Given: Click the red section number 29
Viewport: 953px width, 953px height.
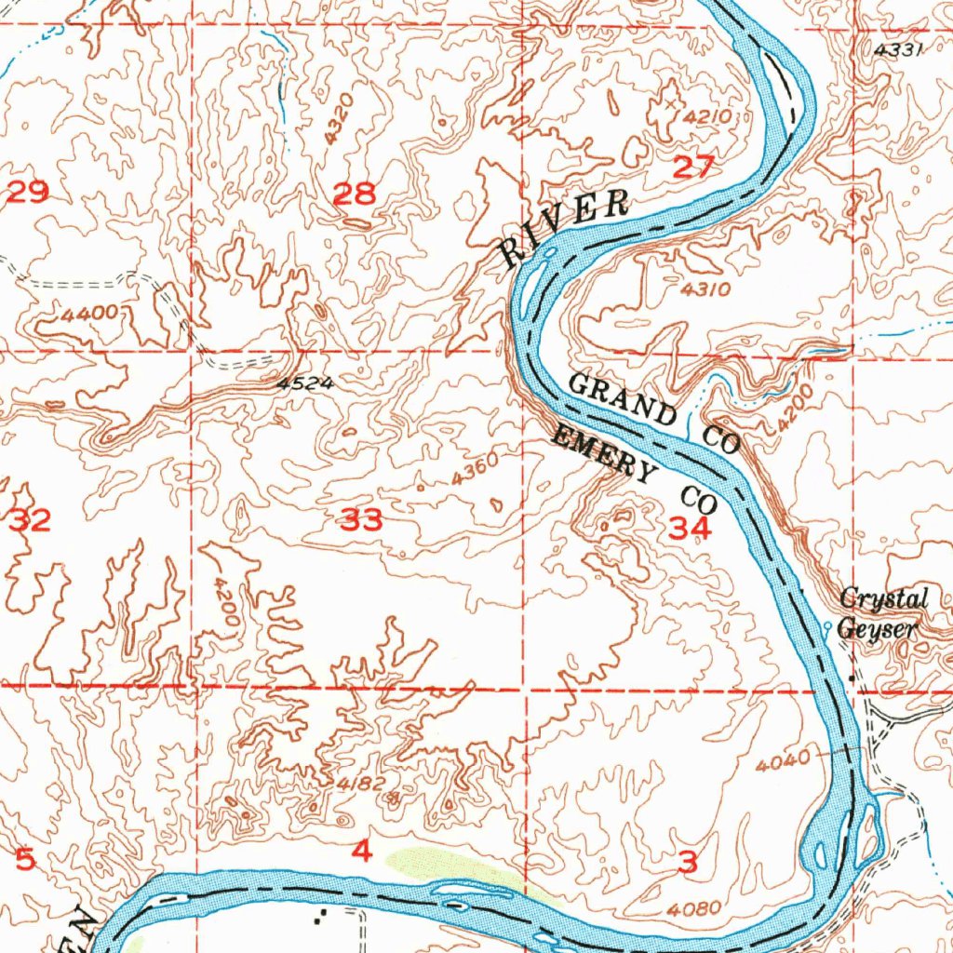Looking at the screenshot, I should point(27,194).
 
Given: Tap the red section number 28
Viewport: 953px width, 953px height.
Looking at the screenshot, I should point(355,195).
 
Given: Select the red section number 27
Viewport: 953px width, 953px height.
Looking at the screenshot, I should point(694,168).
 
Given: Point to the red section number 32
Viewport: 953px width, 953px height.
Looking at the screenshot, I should point(30,520).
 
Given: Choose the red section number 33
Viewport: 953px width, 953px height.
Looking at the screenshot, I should point(360,521).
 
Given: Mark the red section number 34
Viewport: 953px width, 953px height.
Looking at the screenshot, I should point(690,530).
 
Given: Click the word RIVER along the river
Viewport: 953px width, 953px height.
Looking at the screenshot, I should point(565,226).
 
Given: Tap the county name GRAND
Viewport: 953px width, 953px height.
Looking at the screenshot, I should point(623,398).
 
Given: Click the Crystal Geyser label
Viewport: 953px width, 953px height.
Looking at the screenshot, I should point(882,613).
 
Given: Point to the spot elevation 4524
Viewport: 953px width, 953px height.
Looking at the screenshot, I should point(303,383).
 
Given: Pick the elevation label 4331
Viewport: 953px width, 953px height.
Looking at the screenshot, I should point(898,51).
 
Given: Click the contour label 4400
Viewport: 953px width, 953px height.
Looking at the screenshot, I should point(90,314).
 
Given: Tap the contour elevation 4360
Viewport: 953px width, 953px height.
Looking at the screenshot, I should point(476,470).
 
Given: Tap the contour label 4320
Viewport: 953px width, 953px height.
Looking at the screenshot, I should point(340,117).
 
